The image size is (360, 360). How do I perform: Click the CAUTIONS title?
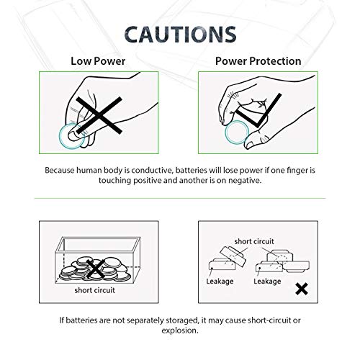click(180, 34)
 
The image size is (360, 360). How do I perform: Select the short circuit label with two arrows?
click(250, 241)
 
